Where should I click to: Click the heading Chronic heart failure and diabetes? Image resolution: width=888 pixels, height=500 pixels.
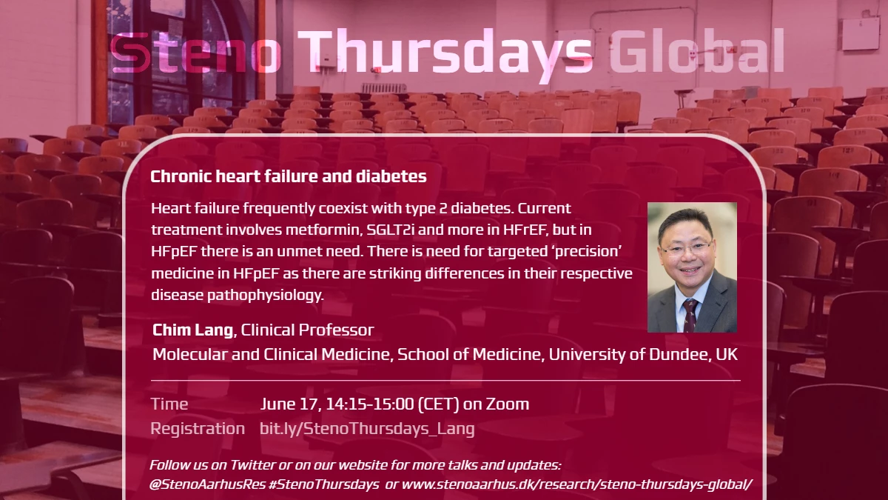coord(289,176)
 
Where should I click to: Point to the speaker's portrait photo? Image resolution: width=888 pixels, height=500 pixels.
coord(692,267)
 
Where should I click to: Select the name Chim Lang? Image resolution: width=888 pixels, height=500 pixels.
coord(192,330)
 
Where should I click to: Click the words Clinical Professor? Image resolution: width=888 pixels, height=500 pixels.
coord(307,330)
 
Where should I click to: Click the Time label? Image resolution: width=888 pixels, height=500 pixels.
coord(169,404)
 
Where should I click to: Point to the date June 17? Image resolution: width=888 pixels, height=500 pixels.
coord(290,404)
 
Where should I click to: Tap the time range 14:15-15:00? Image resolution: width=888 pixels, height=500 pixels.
coord(370,404)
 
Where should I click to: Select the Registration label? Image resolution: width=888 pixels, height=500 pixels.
coord(198,429)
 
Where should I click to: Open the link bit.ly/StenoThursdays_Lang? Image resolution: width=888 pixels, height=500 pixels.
coord(367,429)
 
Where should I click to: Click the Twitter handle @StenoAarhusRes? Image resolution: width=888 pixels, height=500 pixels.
coord(207,484)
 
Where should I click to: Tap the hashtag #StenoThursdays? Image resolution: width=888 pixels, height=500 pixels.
coord(323,484)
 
